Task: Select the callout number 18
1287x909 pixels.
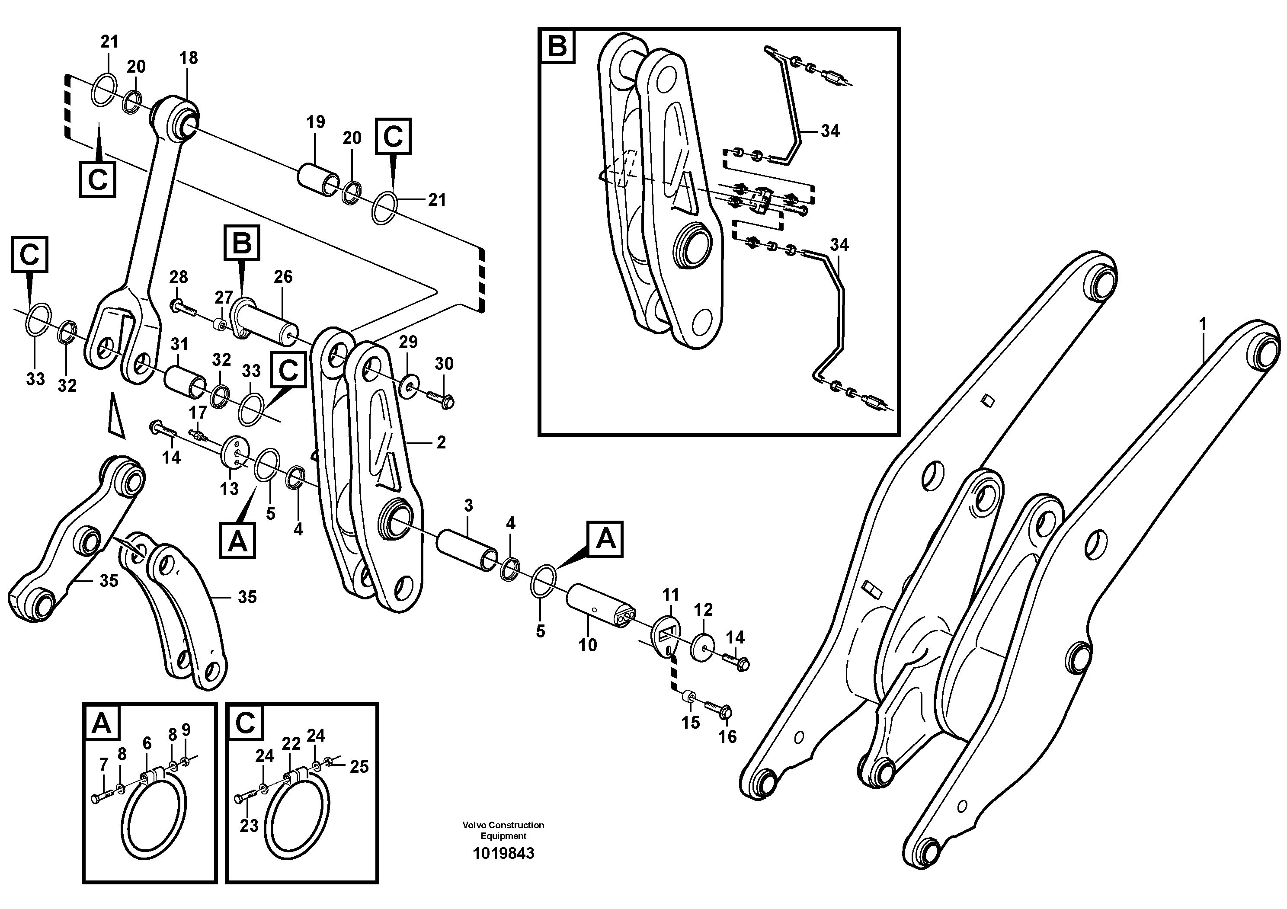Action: click(x=189, y=58)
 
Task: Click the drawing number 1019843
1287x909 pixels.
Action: click(x=503, y=854)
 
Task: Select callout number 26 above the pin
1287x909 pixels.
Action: click(x=283, y=276)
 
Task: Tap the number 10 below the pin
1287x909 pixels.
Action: click(x=587, y=645)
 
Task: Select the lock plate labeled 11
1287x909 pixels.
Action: click(x=666, y=634)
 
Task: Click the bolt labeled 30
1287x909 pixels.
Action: click(x=440, y=398)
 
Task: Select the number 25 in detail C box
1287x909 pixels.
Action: click(x=359, y=766)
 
